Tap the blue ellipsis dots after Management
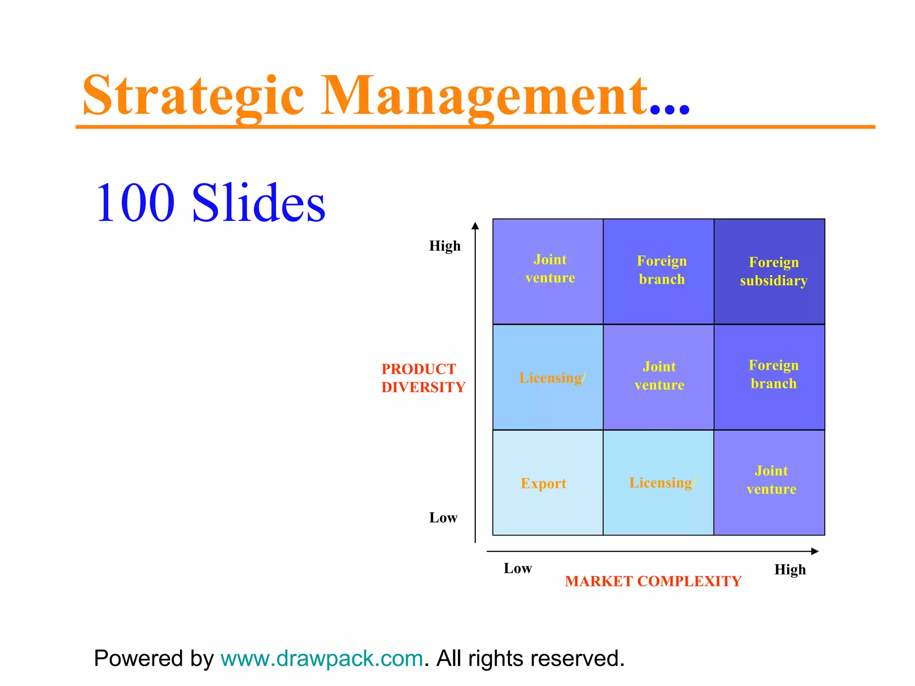(670, 109)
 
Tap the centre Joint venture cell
(659, 376)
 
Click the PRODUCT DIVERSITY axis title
(423, 378)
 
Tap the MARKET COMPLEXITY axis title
(653, 581)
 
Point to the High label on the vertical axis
(445, 246)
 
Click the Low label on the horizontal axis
(517, 568)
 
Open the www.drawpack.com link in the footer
(322, 658)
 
